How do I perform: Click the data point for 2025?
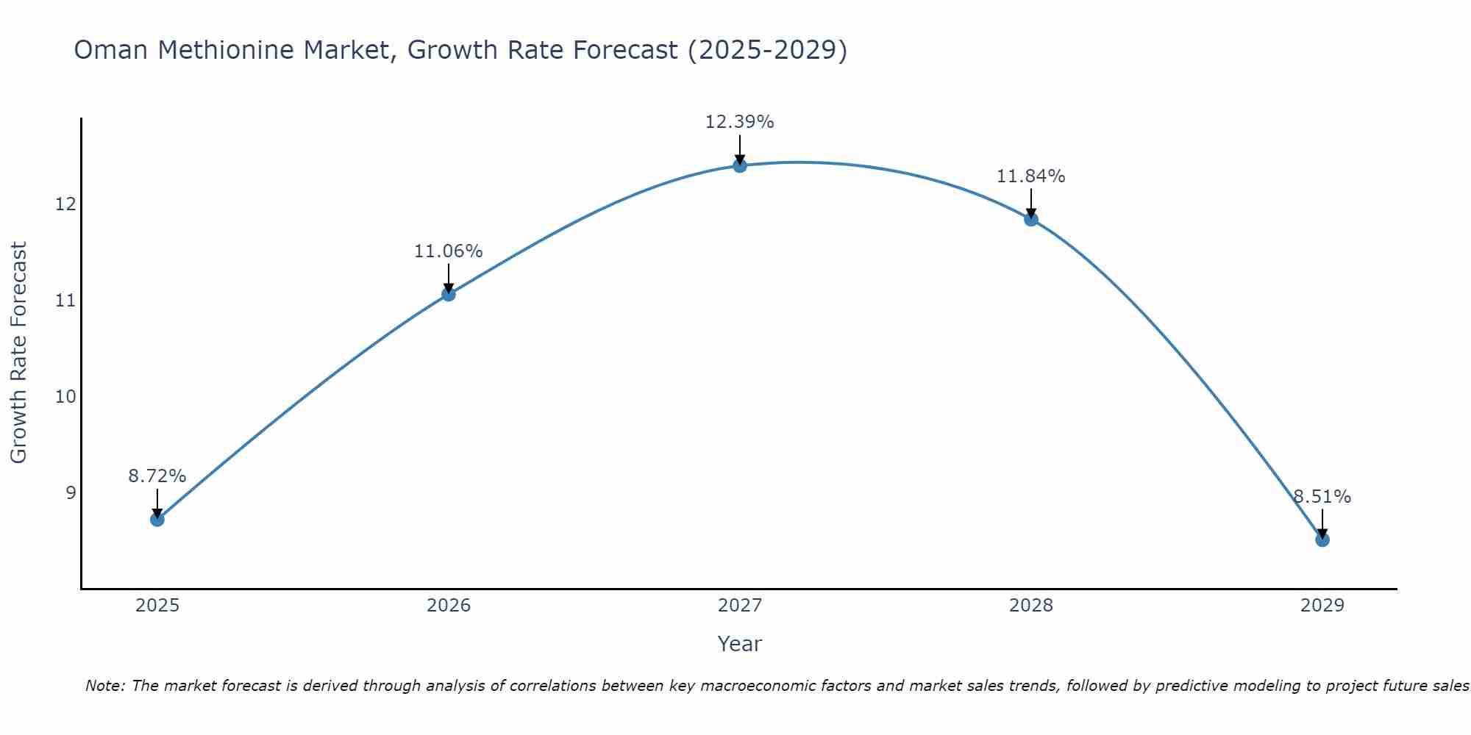click(x=157, y=520)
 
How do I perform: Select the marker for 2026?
click(x=449, y=294)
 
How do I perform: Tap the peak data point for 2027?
click(x=740, y=165)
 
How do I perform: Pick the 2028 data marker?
click(x=1031, y=219)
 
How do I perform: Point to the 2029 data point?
click(x=1322, y=539)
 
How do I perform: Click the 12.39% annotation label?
click(x=739, y=122)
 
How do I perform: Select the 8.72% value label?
click(x=157, y=476)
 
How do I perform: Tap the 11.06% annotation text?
click(x=448, y=251)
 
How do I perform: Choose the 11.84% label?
click(x=1030, y=176)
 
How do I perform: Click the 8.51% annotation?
click(x=1322, y=497)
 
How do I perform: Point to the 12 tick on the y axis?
click(x=65, y=204)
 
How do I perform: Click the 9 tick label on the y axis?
click(x=71, y=492)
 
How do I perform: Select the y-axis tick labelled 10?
click(x=65, y=397)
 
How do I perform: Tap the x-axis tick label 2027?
click(x=740, y=606)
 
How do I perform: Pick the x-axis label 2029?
click(x=1322, y=606)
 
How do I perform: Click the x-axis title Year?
click(x=739, y=644)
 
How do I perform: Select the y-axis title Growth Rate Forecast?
click(x=18, y=353)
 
